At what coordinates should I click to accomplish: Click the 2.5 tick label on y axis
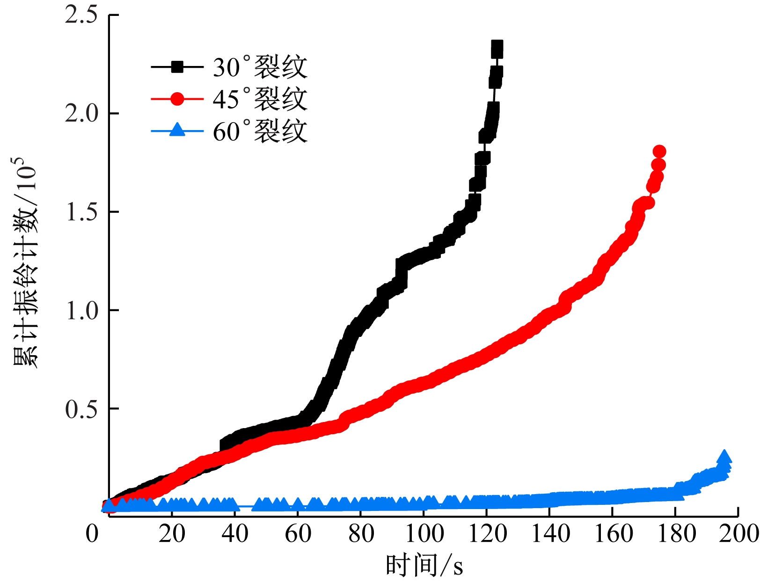click(x=81, y=15)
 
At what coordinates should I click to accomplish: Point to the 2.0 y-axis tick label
click(x=81, y=114)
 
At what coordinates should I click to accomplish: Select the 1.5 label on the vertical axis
click(x=81, y=212)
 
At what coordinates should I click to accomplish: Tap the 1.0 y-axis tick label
click(x=81, y=311)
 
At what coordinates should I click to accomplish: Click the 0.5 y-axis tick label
click(x=81, y=409)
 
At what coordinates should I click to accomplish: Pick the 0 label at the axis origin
click(x=92, y=533)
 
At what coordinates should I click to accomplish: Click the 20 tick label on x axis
click(x=172, y=533)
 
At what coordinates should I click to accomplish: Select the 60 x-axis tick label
click(x=298, y=533)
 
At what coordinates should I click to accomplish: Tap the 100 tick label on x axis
click(x=424, y=533)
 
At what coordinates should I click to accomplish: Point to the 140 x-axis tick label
click(x=550, y=533)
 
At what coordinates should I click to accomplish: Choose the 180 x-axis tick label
click(x=676, y=533)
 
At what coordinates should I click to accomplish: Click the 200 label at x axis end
click(x=738, y=533)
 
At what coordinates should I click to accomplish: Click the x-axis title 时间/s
click(x=424, y=565)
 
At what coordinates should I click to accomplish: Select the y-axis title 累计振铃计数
click(x=24, y=262)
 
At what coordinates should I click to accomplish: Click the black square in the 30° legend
click(x=177, y=67)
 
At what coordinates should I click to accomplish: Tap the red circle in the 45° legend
click(x=177, y=99)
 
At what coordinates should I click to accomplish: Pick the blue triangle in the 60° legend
click(x=177, y=130)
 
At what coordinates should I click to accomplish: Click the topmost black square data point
click(x=497, y=48)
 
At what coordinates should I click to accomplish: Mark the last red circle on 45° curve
click(x=659, y=152)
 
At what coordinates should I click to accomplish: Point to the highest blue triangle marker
click(x=724, y=457)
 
